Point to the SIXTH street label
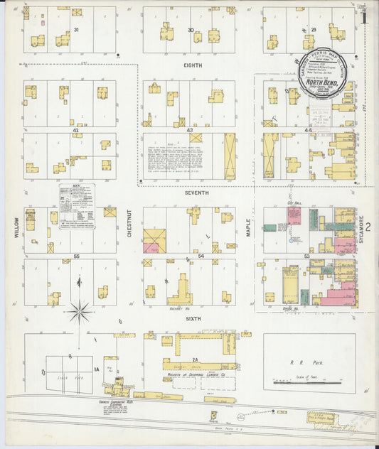pos(193,319)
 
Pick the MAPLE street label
pos(250,227)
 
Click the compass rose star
pos(80,310)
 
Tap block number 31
pos(75,29)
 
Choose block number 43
pos(190,131)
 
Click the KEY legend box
pos(77,206)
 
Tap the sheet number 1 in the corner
pos(364,17)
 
